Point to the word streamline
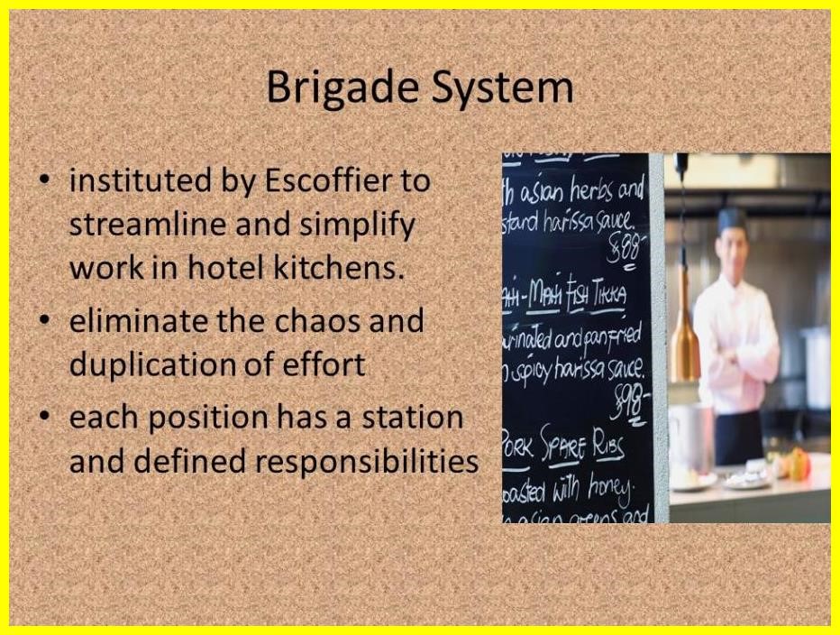coord(144,224)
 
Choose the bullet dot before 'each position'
coord(44,419)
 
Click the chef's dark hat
coord(732,217)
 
